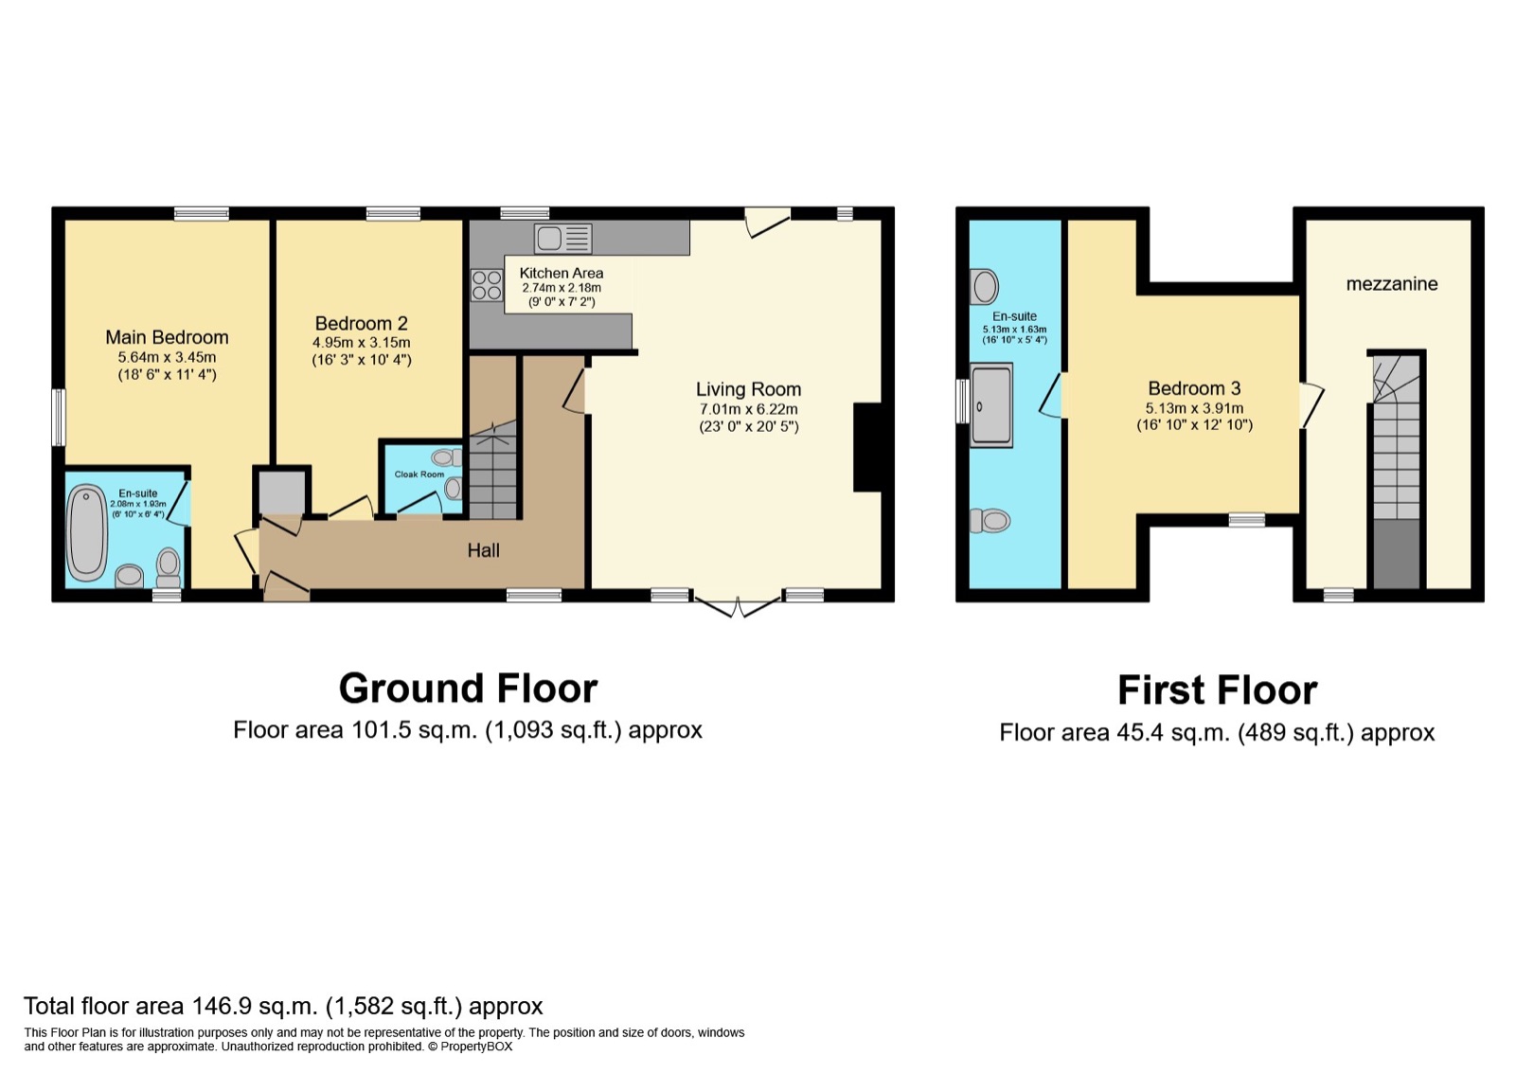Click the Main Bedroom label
167,337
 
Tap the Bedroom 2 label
362,323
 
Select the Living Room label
748,389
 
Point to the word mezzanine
1392,283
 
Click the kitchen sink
562,239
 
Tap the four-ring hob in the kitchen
487,285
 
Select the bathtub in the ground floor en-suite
87,533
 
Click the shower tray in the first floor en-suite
990,404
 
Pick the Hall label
484,550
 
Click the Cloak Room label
419,474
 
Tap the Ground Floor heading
469,689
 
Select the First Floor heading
1217,689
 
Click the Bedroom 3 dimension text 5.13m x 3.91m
1194,408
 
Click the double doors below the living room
739,606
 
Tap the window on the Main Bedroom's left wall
59,417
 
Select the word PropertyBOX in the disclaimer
476,1047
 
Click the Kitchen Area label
561,273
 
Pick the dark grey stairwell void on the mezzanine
1397,554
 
